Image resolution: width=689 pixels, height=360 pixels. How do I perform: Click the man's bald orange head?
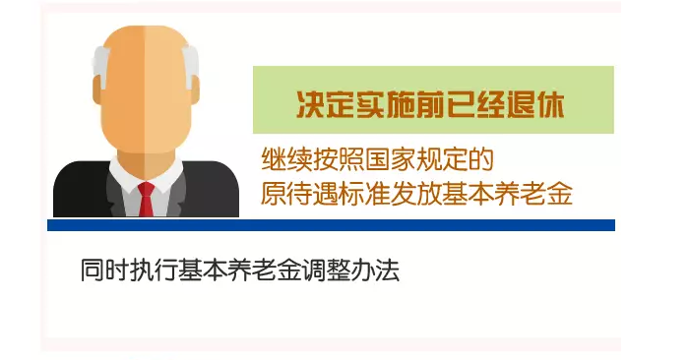click(146, 79)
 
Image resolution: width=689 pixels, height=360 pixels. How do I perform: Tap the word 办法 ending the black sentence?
click(374, 270)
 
